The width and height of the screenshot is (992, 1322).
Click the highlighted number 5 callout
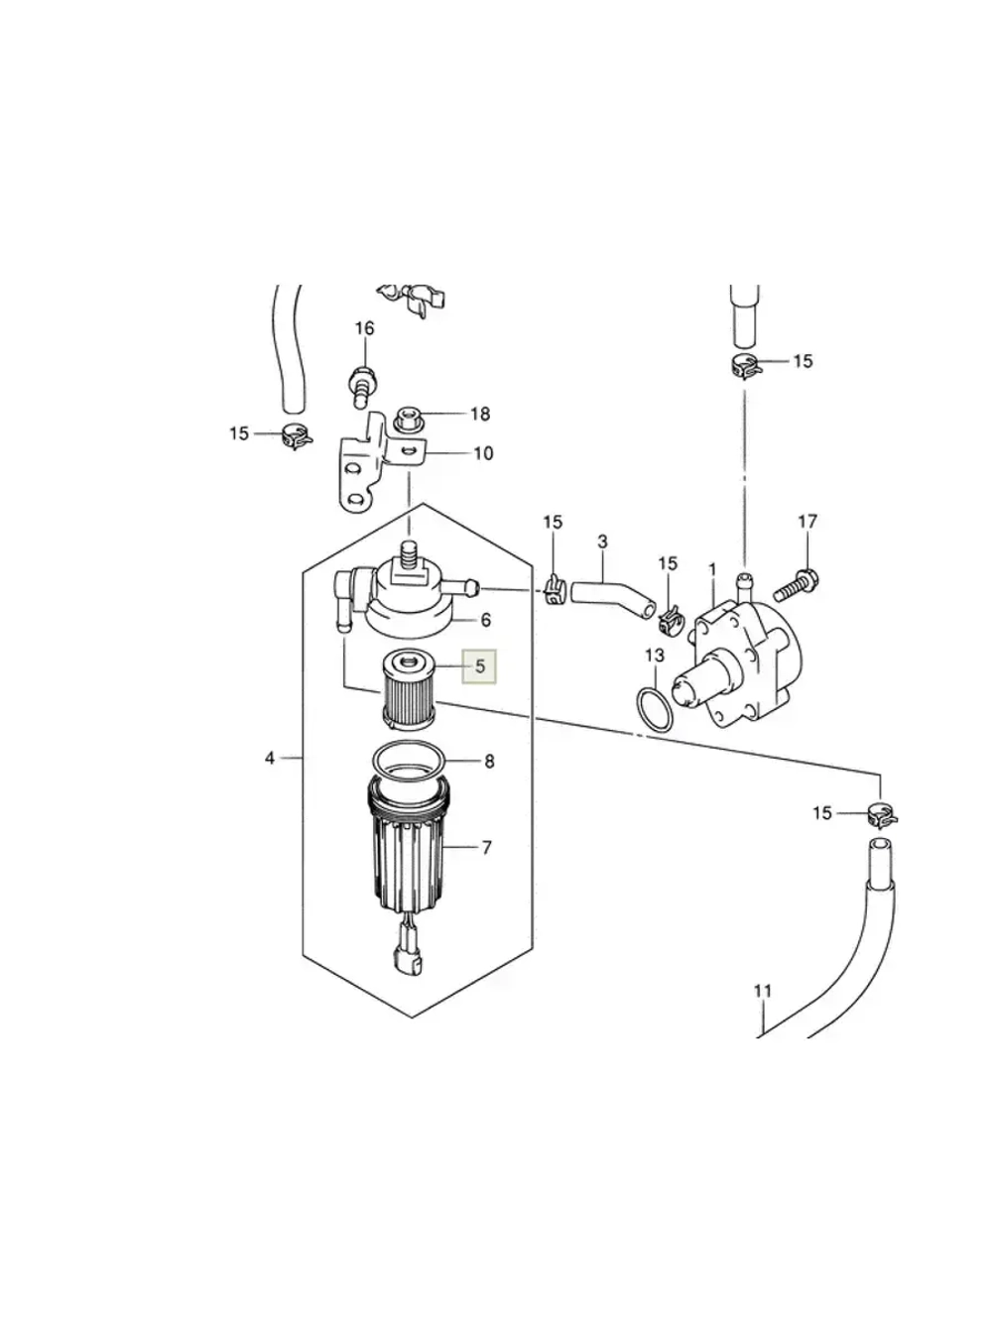pos(479,666)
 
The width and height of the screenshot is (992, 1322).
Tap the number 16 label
pos(364,329)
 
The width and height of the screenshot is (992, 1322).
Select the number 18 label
pos(480,415)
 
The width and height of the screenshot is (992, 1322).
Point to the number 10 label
pos(483,453)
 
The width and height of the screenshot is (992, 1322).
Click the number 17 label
pos(807,522)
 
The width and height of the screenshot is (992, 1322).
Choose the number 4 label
pos(269,759)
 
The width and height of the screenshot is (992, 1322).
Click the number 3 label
pos(603,541)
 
